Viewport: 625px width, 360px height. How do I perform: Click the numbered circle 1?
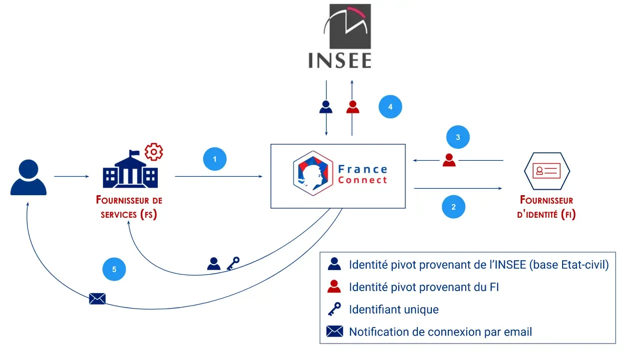215,160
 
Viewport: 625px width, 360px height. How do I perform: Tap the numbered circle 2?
453,207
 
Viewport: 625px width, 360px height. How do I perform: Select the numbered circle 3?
458,138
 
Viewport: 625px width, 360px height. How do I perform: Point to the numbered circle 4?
390,107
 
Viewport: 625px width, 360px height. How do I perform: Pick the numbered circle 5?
114,270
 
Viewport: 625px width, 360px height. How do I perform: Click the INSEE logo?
340,36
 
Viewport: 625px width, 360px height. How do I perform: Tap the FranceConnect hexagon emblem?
313,173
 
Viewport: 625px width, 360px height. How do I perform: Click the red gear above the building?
154,151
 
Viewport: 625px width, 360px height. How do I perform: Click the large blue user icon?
28,177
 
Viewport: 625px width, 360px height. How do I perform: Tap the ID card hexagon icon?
547,171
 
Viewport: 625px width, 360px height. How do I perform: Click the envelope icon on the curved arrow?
97,299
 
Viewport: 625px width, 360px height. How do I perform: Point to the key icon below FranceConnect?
233,263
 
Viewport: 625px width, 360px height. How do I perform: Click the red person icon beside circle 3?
449,160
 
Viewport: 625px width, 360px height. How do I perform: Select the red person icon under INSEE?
353,107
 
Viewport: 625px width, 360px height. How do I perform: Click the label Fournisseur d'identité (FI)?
547,207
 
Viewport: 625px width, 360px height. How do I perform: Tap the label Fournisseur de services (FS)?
129,207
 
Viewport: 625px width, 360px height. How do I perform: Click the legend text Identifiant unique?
393,310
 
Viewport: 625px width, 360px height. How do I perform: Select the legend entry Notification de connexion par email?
440,332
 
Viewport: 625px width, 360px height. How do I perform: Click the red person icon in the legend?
334,287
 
